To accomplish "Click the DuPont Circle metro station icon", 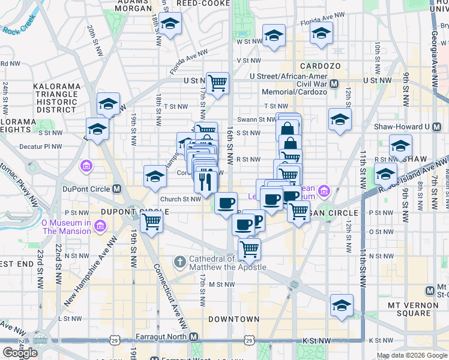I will click(x=118, y=188).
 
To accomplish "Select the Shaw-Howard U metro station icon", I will click(x=429, y=127).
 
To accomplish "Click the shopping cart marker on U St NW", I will click(x=217, y=83).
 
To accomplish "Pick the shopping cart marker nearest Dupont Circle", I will click(x=151, y=222).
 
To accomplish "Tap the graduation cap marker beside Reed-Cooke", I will click(x=170, y=25).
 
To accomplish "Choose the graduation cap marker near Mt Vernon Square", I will click(x=342, y=306).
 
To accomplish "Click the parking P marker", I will click(x=257, y=220).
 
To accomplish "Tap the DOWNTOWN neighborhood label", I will click(x=234, y=319).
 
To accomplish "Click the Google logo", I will click(x=20, y=353).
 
